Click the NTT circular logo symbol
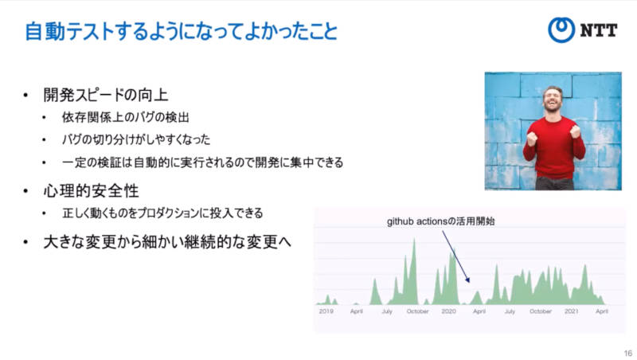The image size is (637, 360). [x=561, y=29]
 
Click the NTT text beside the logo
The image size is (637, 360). [x=599, y=30]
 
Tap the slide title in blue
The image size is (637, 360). [x=182, y=32]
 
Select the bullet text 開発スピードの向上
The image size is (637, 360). [x=106, y=95]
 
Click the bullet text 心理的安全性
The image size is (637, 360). [x=91, y=191]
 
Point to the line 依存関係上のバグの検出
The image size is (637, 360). [x=126, y=117]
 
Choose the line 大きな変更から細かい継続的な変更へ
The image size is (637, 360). [x=167, y=242]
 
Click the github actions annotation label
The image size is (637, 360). [x=441, y=221]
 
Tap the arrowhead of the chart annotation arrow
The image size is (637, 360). [x=468, y=280]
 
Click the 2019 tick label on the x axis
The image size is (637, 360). [x=326, y=311]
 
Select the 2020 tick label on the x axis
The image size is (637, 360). [x=448, y=311]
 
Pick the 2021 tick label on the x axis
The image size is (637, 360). [x=571, y=311]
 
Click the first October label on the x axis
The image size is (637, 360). [x=417, y=311]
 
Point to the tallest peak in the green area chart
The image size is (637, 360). [x=414, y=240]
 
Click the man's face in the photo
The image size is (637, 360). [x=553, y=100]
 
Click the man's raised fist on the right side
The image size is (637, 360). [x=575, y=131]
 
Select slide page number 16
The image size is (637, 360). [x=628, y=353]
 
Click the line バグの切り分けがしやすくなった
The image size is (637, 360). [x=136, y=139]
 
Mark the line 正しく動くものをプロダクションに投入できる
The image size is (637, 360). [x=162, y=213]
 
